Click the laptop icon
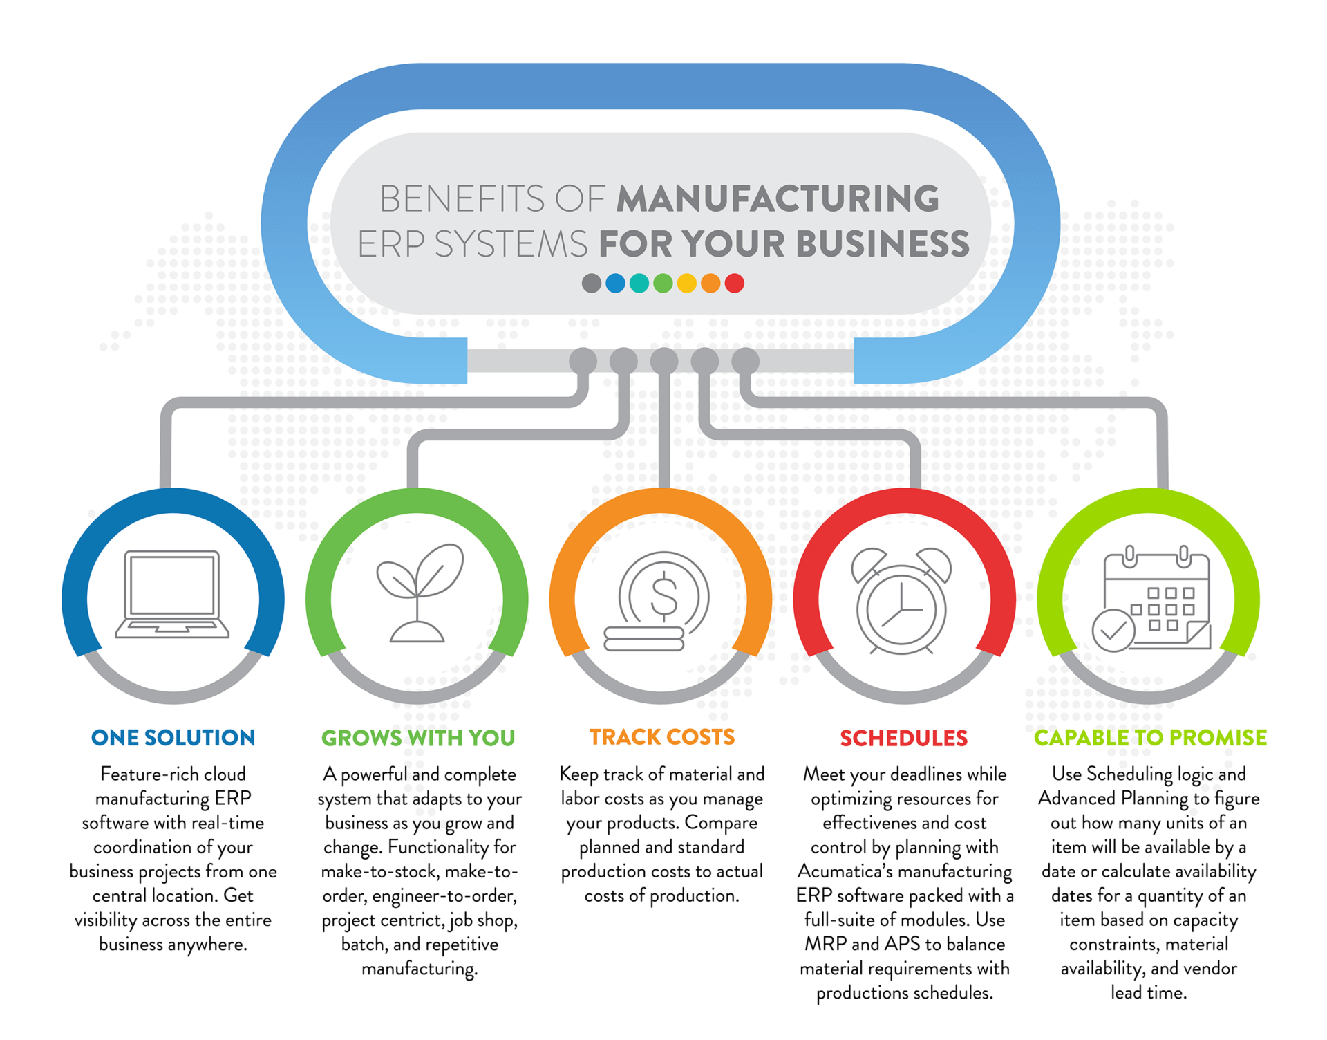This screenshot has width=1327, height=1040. (x=172, y=594)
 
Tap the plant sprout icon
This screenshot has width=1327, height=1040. (x=419, y=593)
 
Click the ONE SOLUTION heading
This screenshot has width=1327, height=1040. (x=173, y=738)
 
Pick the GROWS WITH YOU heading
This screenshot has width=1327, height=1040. (x=418, y=738)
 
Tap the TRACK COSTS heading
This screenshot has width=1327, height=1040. (x=661, y=737)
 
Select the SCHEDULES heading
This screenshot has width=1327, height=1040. (x=903, y=738)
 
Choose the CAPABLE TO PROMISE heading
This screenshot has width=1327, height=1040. (x=1150, y=738)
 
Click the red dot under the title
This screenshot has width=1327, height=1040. (x=734, y=283)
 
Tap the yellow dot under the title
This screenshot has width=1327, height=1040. (x=686, y=283)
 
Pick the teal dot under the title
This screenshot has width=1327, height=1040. (x=639, y=283)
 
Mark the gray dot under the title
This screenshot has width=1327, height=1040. (x=592, y=283)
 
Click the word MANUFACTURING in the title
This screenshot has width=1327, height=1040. (x=778, y=198)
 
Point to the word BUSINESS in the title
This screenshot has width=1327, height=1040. (x=883, y=244)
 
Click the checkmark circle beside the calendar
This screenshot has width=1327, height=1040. (x=1113, y=630)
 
